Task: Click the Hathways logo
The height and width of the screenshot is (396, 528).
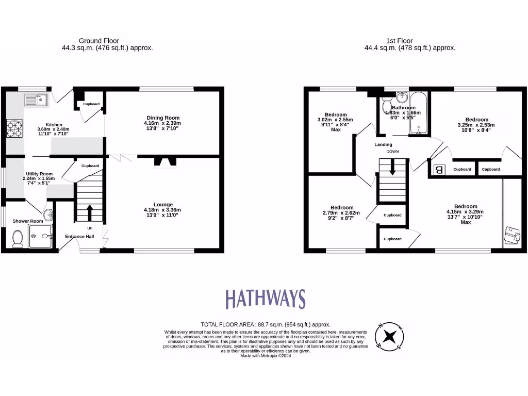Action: click(x=266, y=299)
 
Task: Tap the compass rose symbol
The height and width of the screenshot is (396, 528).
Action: click(x=389, y=337)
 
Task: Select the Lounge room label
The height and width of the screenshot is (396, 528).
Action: click(x=162, y=204)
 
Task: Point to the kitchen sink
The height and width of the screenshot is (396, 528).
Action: click(x=36, y=99)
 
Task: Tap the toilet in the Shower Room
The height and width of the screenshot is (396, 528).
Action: click(x=17, y=238)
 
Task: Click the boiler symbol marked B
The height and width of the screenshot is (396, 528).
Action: click(x=439, y=169)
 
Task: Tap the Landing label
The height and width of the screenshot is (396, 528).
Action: click(x=383, y=144)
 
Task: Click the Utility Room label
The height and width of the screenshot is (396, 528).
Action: click(x=39, y=174)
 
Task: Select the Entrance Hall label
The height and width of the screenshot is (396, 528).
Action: click(x=79, y=237)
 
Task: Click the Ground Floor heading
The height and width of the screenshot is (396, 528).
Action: click(x=99, y=41)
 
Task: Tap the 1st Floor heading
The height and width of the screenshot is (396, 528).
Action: click(x=400, y=41)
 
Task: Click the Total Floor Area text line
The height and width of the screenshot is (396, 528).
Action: click(x=265, y=324)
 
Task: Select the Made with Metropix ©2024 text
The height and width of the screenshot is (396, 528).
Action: click(x=266, y=356)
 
